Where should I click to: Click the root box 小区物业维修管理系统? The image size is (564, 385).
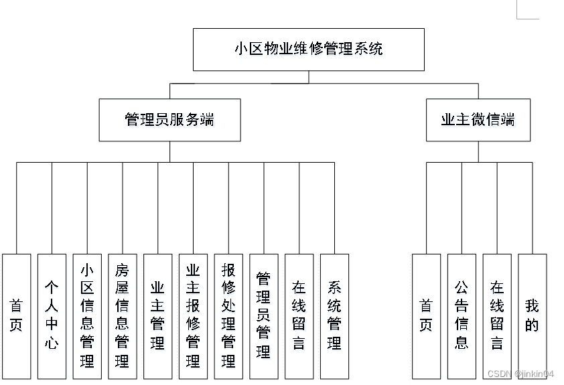pos(308,50)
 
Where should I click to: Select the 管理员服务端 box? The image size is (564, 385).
pos(169,121)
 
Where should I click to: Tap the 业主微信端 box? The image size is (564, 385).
pos(478,121)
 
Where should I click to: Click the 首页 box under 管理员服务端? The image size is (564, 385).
pos(16,316)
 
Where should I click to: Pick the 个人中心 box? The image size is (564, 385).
pos(52,316)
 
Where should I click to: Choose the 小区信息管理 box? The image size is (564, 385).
pos(87,316)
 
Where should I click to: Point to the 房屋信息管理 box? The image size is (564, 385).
pos(122,316)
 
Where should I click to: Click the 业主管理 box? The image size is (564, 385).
pos(157,316)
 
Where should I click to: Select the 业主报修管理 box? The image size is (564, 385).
pos(193,316)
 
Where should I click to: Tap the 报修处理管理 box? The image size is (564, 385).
pos(228,316)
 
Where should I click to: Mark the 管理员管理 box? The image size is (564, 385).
pos(263,316)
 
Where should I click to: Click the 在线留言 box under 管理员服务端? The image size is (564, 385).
pos(299,316)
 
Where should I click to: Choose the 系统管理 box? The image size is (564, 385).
pos(334,316)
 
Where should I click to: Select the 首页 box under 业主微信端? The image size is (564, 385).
pos(426,316)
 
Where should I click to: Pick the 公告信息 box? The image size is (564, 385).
pos(462,316)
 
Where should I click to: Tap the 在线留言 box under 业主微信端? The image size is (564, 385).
pos(496,316)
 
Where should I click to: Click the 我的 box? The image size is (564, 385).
pos(532,316)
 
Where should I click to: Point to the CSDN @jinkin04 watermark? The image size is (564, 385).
pos(520,374)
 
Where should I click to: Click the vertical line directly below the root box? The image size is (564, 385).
pos(309,77)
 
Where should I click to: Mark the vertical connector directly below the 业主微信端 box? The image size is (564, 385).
pos(478,152)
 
